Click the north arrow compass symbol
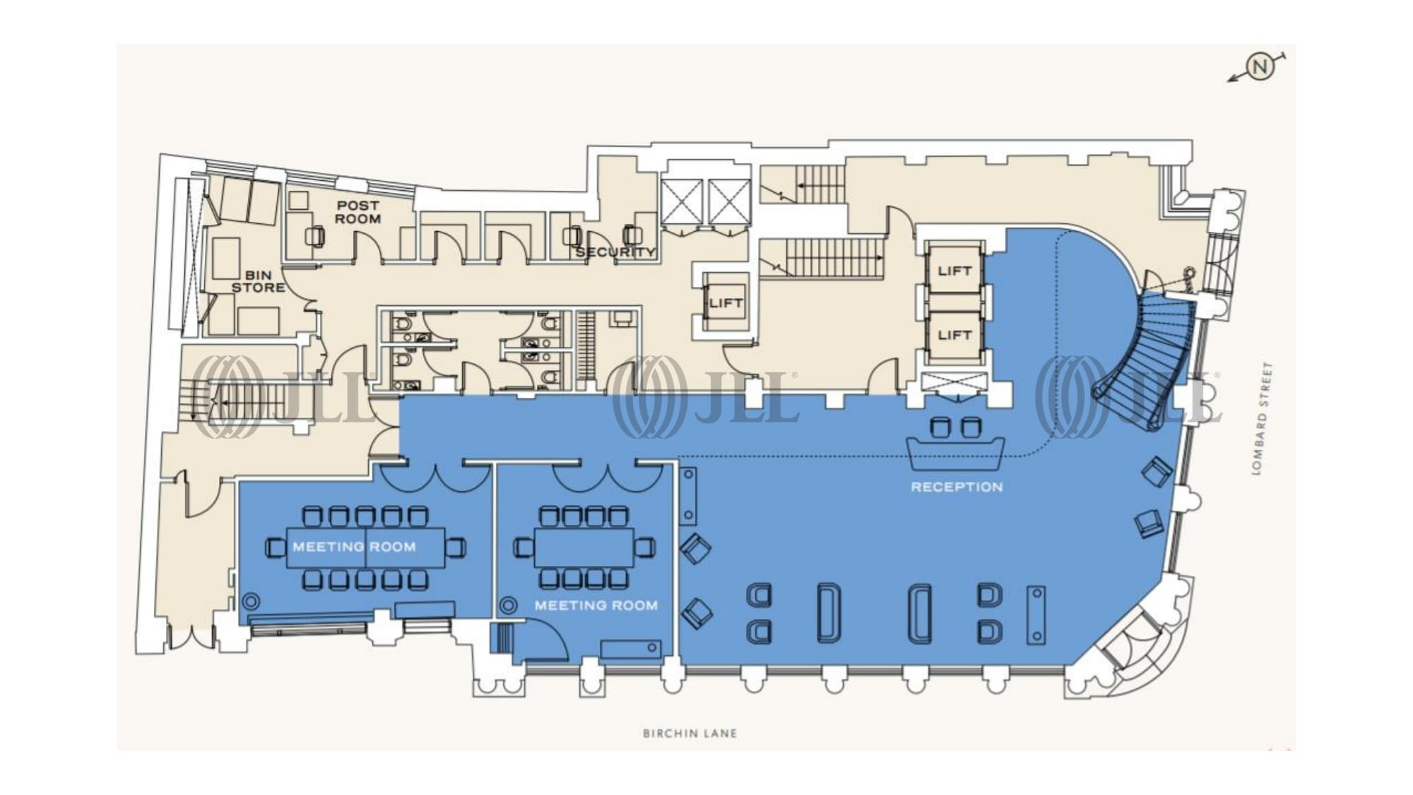coord(1259,67)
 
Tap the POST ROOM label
coord(357,212)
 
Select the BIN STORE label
coord(259,281)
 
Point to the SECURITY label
coord(615,252)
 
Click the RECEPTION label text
coord(957,487)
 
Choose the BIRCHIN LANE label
coord(690,734)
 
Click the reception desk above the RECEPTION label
coord(956,454)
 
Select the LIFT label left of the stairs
coord(726,303)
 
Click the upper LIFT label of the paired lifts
coord(954,271)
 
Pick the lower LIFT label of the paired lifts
coord(954,335)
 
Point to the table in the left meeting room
coord(365,547)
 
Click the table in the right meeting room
coord(584,547)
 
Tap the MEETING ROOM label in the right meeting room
coord(596,606)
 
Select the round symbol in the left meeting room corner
coord(250,602)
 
